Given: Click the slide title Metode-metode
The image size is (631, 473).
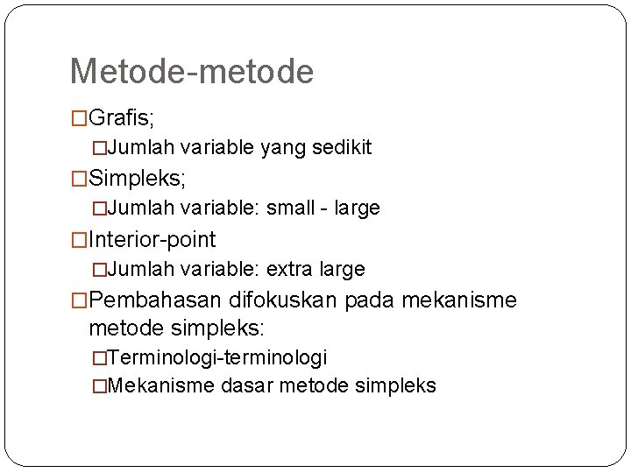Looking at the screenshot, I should (x=191, y=72).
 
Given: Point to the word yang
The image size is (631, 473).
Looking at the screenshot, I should (x=280, y=148).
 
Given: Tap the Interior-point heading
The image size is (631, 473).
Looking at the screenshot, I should (x=152, y=239).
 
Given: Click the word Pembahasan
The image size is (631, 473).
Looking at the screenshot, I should (x=155, y=300).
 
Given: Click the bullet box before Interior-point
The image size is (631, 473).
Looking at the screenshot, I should (x=79, y=240).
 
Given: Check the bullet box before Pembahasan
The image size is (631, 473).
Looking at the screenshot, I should (x=79, y=301).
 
